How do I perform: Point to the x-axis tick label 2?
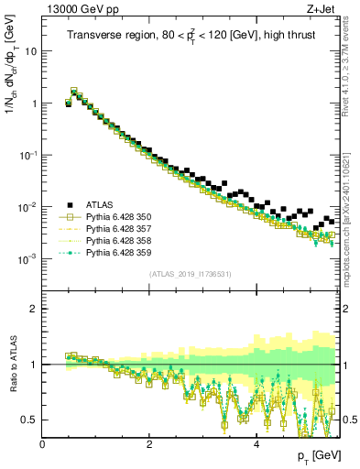pyautogui.click(x=149, y=442)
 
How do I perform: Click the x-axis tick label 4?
pyautogui.click(x=256, y=442)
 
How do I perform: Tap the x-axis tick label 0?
pyautogui.click(x=43, y=442)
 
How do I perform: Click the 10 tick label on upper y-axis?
pyautogui.click(x=30, y=51)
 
